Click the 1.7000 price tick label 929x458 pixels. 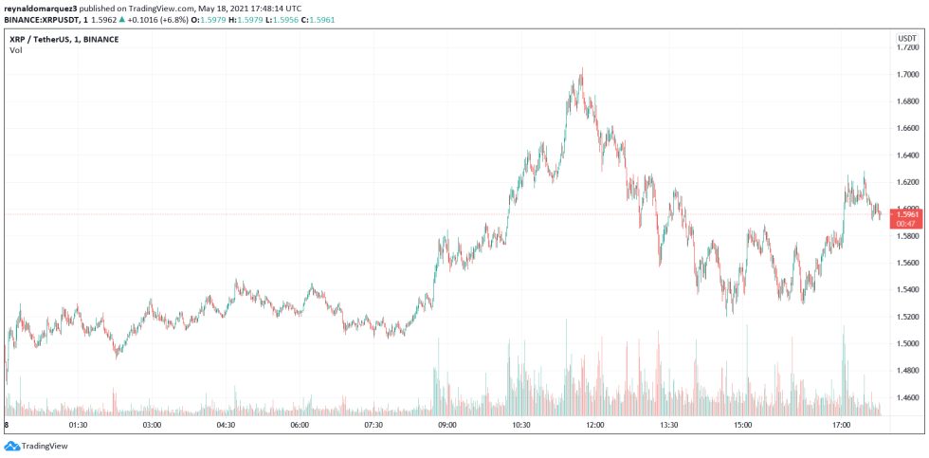(907, 74)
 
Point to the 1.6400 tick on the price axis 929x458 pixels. (907, 155)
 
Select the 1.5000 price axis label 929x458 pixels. (907, 343)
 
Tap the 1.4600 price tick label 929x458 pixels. (907, 397)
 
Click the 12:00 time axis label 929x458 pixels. (594, 425)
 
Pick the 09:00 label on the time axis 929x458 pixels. (447, 425)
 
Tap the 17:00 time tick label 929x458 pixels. (840, 425)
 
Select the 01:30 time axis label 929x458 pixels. (78, 425)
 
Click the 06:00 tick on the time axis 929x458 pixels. (300, 425)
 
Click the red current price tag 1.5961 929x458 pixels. (907, 215)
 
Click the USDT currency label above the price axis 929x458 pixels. (906, 38)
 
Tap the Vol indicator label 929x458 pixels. (16, 49)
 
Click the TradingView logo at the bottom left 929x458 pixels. (28, 446)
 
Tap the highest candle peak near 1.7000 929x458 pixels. (581, 69)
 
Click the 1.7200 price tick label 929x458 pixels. (907, 47)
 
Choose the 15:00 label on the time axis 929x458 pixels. (742, 425)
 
